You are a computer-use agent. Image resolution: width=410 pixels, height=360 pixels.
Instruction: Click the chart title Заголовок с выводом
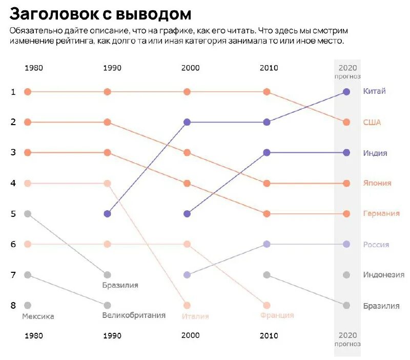tap(101, 14)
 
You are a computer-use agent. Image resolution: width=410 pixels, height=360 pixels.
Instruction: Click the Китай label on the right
tap(374, 91)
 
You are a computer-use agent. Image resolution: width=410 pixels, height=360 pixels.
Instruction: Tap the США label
tap(372, 123)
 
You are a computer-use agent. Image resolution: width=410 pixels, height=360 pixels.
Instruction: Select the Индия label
tap(375, 153)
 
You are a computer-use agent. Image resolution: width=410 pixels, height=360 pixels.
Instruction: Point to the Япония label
tap(377, 183)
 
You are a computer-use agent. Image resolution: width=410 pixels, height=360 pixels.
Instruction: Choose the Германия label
tap(381, 214)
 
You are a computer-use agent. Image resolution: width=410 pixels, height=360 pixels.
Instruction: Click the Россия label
tap(376, 245)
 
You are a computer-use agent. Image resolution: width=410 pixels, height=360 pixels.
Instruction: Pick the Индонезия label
tap(383, 275)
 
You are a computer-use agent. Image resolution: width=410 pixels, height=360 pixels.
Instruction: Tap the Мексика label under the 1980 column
tap(38, 316)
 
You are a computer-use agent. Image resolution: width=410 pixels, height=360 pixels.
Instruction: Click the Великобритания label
tap(134, 315)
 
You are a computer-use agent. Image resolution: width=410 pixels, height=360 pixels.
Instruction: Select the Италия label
tap(195, 316)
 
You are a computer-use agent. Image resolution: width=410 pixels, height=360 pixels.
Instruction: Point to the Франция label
tap(277, 315)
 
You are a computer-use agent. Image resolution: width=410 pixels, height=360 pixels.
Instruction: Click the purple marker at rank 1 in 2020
tap(346, 92)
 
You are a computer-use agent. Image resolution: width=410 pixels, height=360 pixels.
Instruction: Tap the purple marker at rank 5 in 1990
tap(107, 214)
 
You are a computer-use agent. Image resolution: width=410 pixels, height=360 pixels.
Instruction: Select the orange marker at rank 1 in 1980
tap(28, 92)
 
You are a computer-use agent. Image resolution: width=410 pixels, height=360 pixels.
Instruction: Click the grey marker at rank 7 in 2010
tap(266, 275)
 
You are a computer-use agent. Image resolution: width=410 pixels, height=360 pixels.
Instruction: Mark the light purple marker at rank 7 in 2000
tap(187, 275)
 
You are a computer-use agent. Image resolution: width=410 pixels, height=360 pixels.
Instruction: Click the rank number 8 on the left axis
tap(13, 306)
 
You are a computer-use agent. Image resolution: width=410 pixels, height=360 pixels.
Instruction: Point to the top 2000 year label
tap(190, 68)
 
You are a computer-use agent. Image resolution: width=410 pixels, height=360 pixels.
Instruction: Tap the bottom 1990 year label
tap(112, 336)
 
